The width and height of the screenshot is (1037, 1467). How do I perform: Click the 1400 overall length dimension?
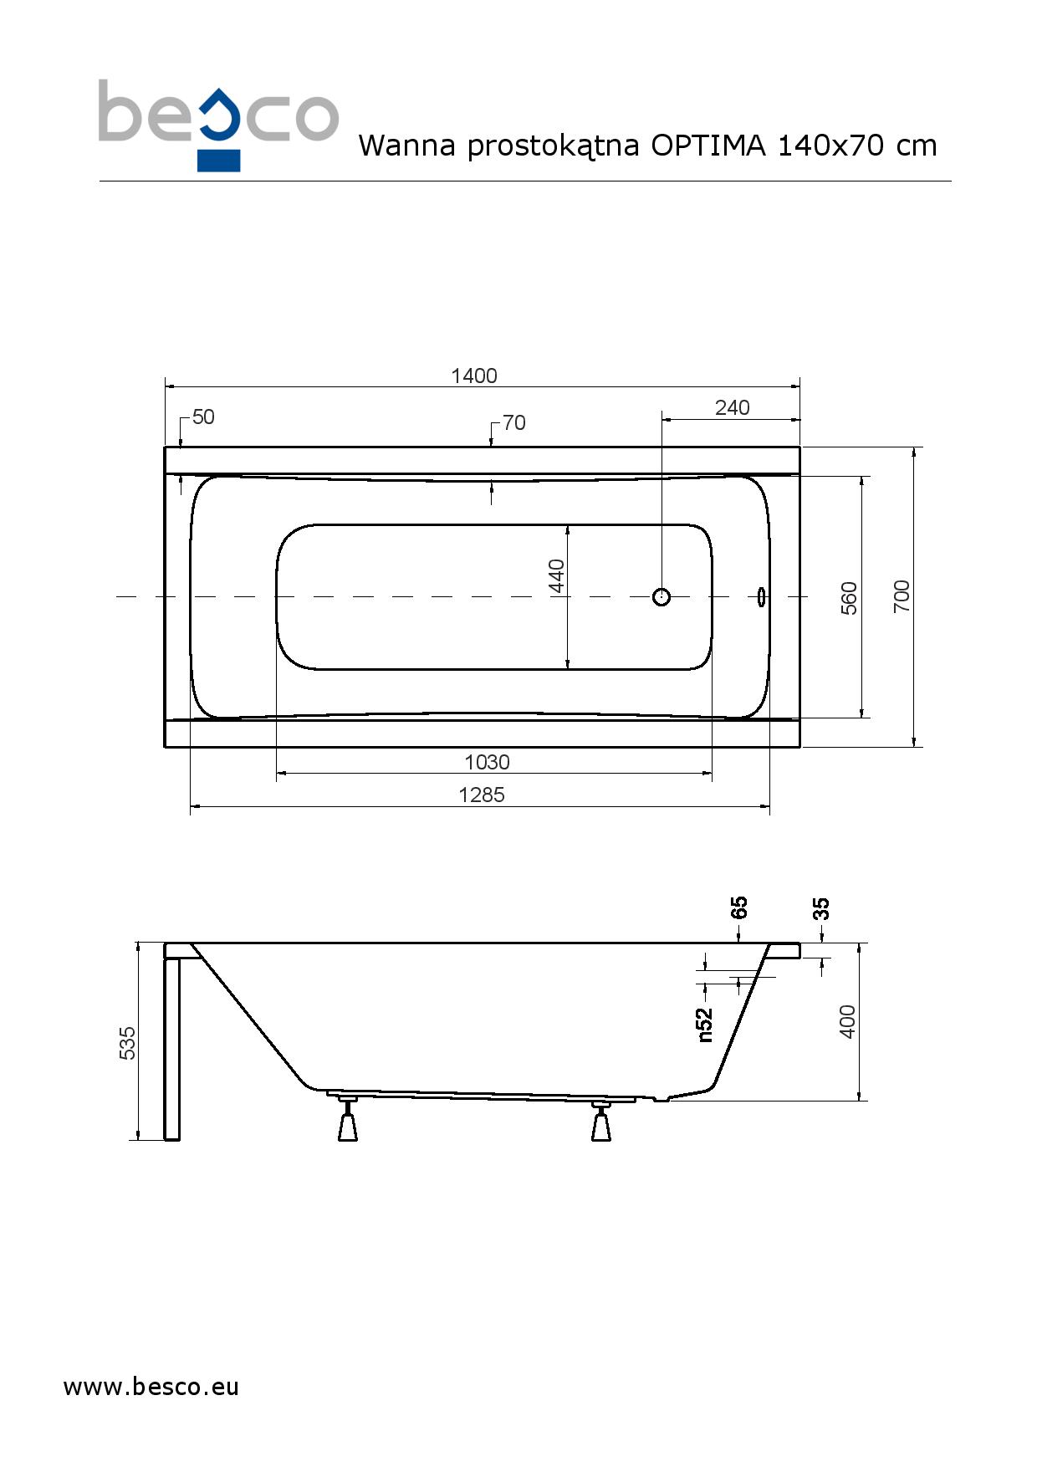(x=474, y=376)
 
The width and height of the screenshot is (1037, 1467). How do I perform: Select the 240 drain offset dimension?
(x=733, y=407)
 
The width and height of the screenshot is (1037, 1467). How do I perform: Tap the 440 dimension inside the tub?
(x=557, y=575)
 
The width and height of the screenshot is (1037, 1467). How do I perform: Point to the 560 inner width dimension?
(x=849, y=598)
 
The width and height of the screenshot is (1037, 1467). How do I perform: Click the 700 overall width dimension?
(x=902, y=595)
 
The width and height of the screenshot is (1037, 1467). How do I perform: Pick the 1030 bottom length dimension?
(x=487, y=762)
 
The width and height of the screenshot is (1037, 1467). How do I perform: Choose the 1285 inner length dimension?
(x=482, y=795)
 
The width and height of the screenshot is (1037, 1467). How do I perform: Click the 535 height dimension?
(x=127, y=1043)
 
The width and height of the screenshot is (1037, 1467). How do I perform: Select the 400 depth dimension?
(x=848, y=1022)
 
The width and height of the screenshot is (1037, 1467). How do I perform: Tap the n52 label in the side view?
(x=705, y=1025)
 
